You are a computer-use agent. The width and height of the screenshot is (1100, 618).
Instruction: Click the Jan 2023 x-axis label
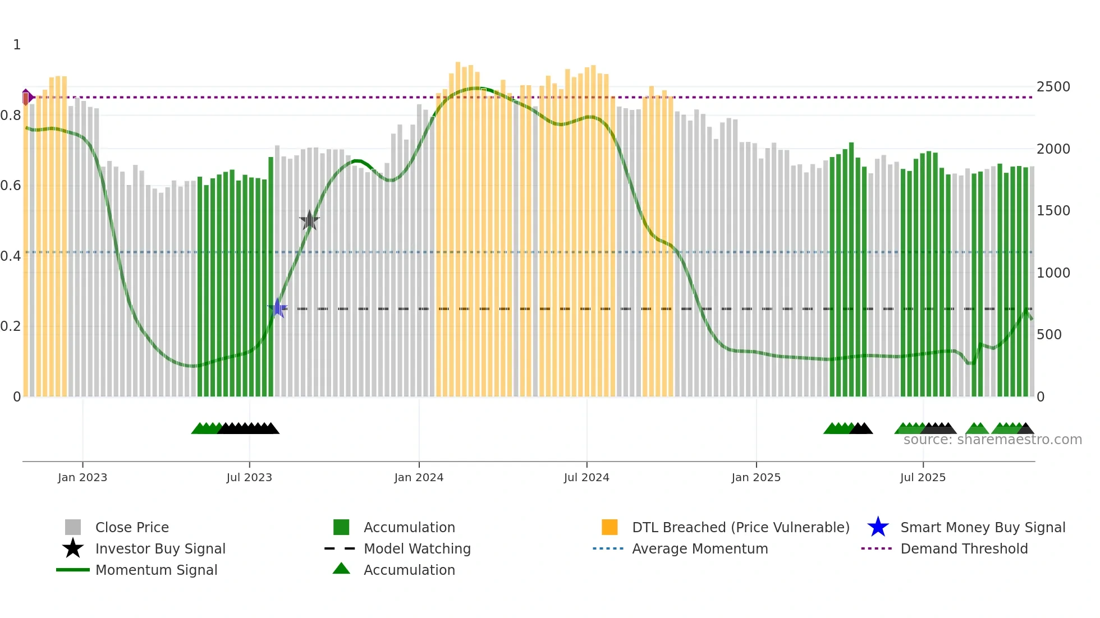82,477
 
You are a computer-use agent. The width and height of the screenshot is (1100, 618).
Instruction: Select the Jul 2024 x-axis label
586,477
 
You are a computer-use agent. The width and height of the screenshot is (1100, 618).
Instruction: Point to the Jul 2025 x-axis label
923,477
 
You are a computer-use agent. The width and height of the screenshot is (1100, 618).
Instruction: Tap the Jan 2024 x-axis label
419,477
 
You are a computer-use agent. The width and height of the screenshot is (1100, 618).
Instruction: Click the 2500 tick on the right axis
1053,87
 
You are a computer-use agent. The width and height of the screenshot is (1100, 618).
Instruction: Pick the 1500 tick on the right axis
1053,211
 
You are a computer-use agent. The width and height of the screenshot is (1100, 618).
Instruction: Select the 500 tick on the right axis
1049,335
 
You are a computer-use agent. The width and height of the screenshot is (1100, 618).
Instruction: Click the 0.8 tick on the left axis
11,116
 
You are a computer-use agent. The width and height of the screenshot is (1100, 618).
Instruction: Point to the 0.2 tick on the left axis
11,326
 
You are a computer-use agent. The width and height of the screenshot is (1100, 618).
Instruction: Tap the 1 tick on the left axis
17,45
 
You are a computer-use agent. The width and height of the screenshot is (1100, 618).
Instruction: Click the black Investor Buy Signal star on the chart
309,220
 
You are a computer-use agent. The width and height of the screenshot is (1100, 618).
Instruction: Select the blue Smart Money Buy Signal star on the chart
277,308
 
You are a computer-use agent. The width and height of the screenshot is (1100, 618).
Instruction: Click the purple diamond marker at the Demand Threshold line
26,97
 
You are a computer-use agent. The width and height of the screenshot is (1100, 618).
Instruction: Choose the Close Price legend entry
132,527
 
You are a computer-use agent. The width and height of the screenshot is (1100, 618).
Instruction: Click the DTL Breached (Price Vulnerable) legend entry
740,527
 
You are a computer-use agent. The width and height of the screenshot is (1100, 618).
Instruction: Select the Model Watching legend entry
417,548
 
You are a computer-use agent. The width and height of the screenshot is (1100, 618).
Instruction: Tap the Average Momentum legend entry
700,548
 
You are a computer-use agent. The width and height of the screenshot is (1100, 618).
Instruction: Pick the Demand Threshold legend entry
964,548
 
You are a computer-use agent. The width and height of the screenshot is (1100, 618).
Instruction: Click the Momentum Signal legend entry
156,570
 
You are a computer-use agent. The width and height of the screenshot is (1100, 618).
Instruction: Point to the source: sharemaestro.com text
992,440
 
